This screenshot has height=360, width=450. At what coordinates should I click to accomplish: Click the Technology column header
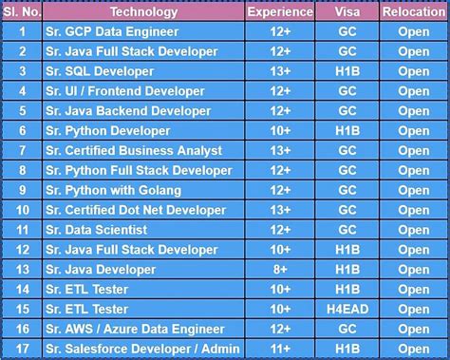(x=143, y=12)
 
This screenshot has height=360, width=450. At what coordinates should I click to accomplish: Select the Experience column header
(x=280, y=12)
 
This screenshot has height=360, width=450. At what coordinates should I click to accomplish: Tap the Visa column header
(x=347, y=12)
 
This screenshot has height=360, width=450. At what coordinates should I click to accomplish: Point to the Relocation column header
(x=414, y=12)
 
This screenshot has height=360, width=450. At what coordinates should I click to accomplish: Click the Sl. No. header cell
(x=22, y=12)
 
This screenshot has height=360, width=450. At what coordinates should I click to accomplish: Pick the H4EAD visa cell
(x=347, y=310)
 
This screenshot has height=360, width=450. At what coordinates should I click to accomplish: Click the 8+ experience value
(x=280, y=270)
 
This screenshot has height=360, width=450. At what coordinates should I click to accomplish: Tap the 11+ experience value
(x=280, y=350)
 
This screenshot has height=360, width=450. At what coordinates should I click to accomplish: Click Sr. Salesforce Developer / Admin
(x=141, y=350)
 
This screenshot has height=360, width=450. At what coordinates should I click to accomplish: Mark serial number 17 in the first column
(x=22, y=350)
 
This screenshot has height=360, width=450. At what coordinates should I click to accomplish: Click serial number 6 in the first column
(x=22, y=130)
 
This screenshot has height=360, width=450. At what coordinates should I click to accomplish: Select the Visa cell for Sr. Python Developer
(x=347, y=130)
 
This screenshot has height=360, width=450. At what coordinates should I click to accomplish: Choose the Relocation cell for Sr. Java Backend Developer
(x=414, y=111)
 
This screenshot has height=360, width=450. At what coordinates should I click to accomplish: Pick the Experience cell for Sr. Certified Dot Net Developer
(x=280, y=210)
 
